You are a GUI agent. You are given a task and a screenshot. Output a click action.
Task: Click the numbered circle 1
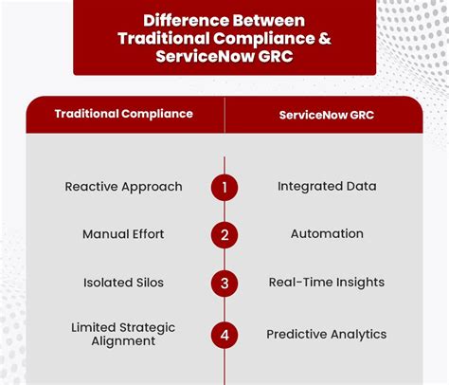224,187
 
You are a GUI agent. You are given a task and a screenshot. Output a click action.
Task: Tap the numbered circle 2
224,234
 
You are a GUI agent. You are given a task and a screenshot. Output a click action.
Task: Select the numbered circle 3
224,283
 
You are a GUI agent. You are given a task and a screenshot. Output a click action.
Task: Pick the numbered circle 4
224,334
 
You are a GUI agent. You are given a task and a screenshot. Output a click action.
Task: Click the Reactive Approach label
123,187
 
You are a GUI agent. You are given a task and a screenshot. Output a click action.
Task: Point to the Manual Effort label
123,234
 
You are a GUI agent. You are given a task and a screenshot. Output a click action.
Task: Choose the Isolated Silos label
123,283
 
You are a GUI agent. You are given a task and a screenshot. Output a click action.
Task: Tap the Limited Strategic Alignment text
123,335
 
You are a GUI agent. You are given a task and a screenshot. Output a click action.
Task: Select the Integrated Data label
327,187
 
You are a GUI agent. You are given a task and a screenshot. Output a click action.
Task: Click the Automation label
327,234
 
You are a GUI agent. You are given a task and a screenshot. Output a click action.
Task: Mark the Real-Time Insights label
327,283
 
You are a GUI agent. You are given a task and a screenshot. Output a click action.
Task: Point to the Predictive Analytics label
327,335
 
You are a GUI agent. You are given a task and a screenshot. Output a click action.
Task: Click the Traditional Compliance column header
123,114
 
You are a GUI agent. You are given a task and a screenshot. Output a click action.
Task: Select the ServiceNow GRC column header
327,114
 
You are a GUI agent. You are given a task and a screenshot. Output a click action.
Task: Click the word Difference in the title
180,19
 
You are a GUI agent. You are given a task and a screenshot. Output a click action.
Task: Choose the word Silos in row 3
147,283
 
